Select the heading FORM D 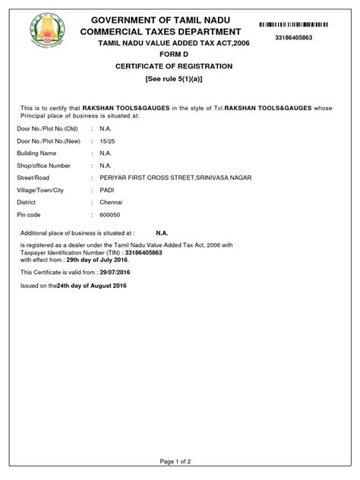click(179, 55)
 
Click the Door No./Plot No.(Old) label click(48, 129)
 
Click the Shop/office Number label click(43, 166)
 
